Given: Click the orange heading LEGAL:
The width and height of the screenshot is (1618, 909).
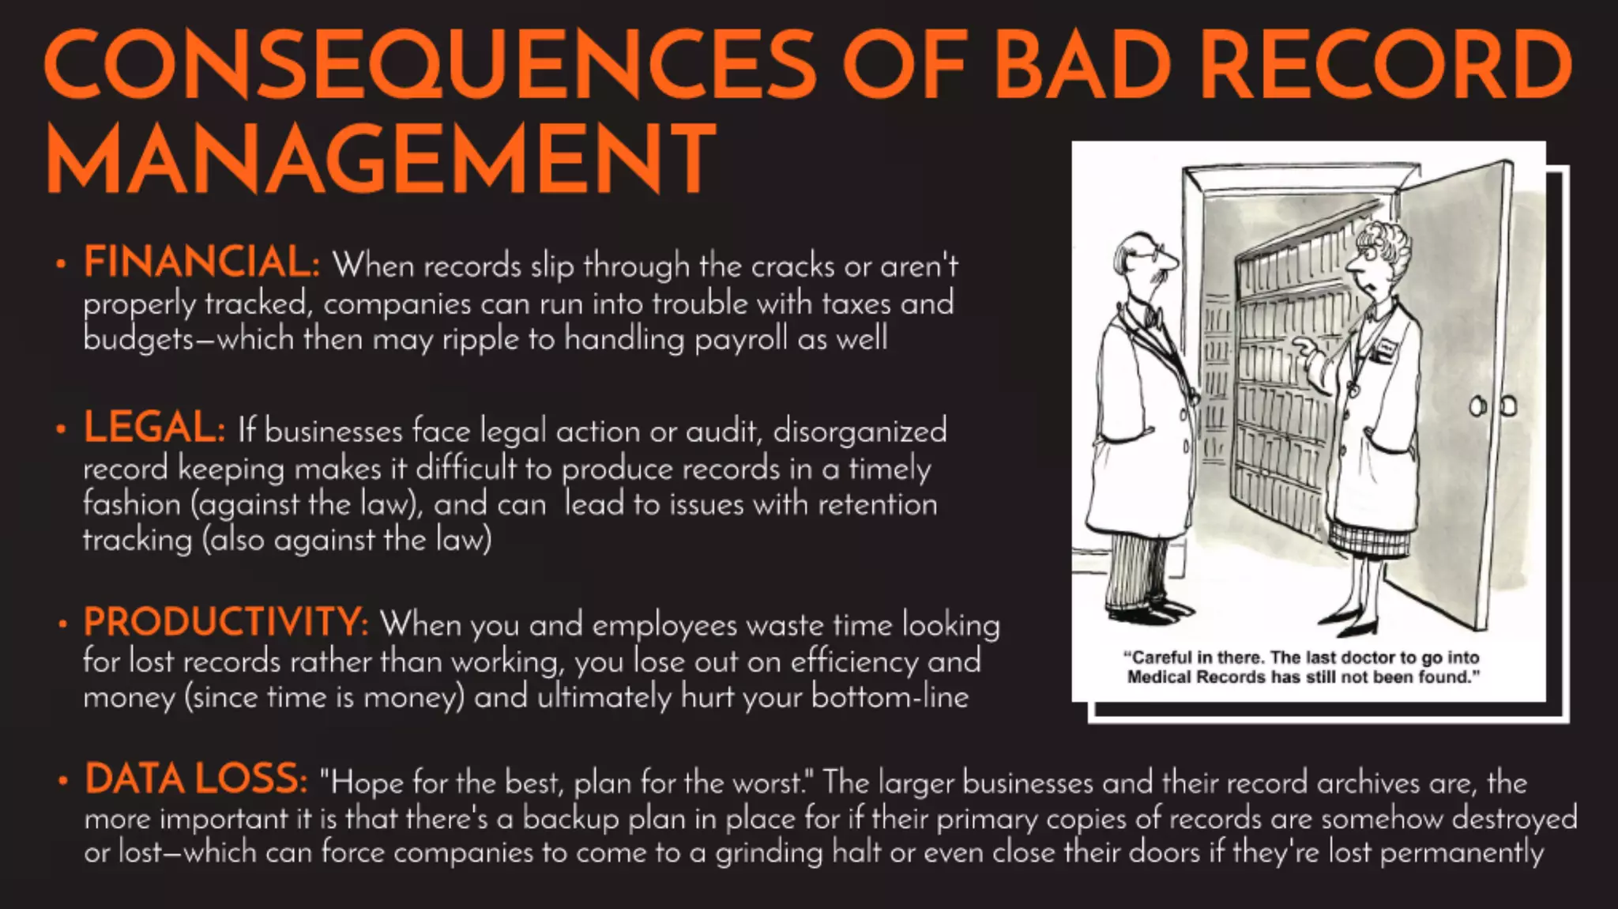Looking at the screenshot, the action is point(155,428).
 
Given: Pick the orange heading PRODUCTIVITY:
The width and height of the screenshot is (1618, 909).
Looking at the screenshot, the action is point(226,622).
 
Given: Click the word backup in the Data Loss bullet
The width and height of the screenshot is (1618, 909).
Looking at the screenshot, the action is point(570,818).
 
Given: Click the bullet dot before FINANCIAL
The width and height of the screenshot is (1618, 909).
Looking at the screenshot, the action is point(61,265).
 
